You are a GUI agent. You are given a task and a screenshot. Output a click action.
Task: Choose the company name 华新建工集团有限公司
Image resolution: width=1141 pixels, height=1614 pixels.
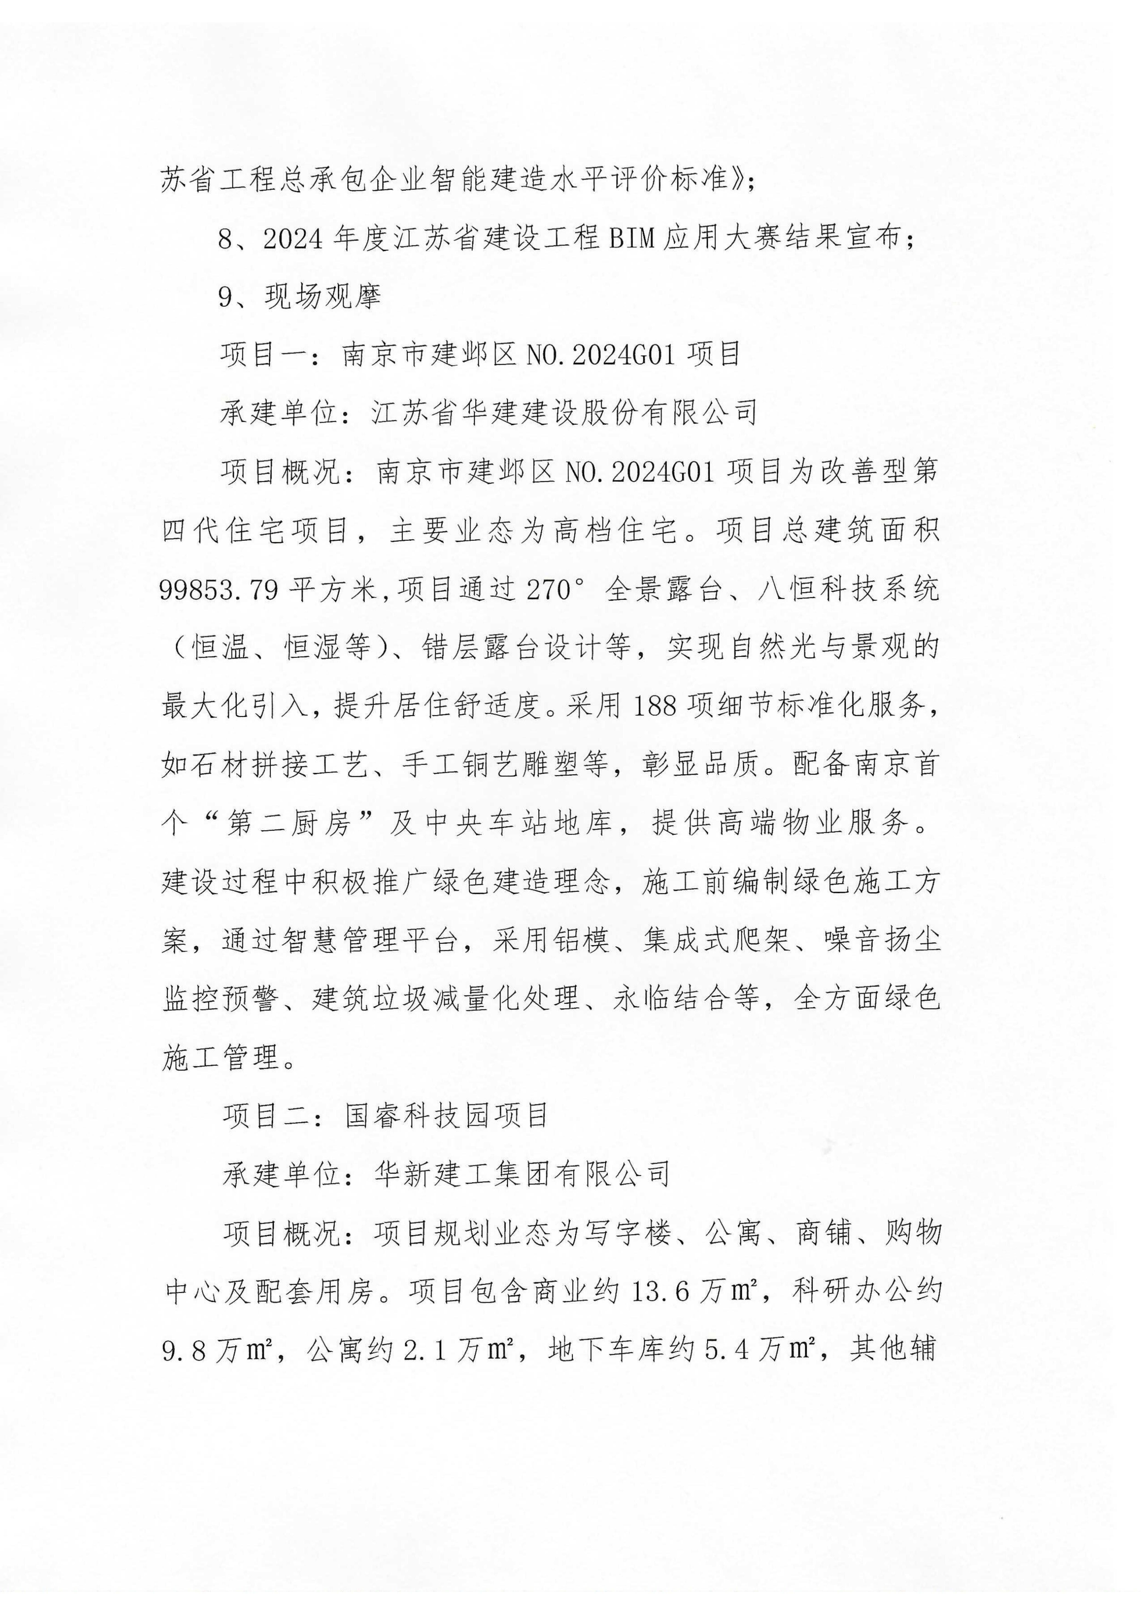(522, 1173)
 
